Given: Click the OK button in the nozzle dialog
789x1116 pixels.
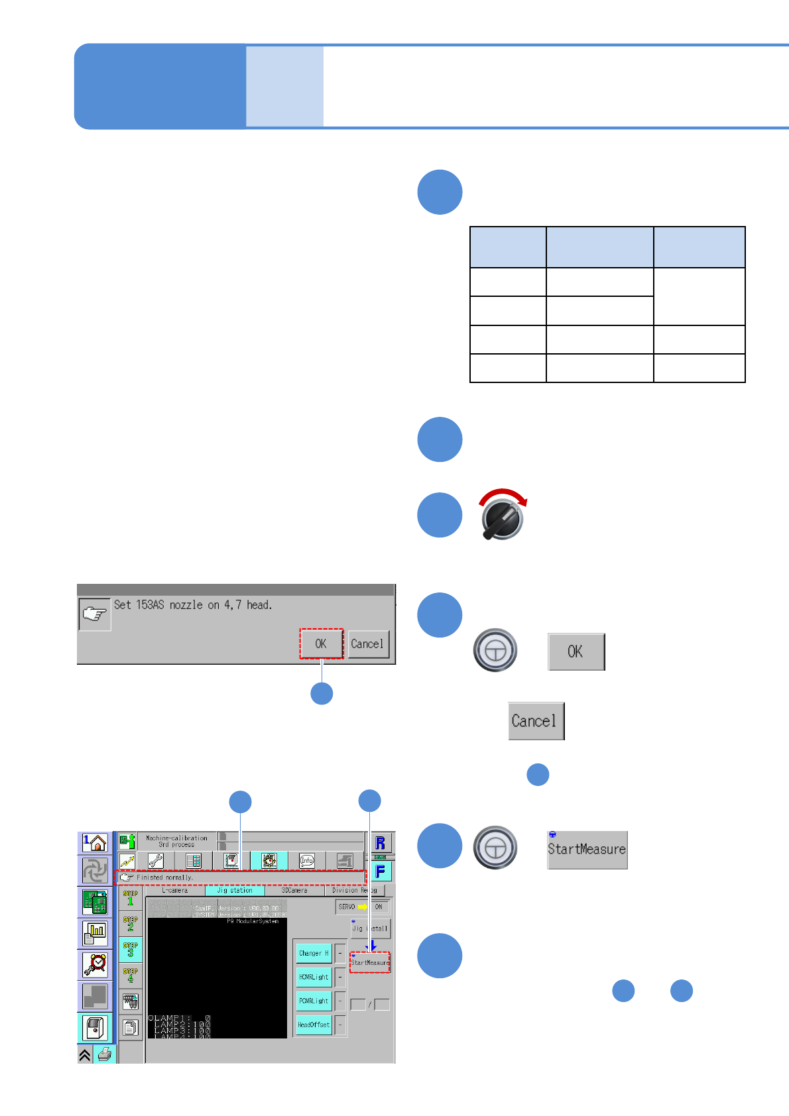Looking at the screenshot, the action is pos(321,643).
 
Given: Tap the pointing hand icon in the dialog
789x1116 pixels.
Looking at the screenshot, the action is pos(95,614).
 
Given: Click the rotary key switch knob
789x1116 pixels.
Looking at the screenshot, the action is pos(502,518).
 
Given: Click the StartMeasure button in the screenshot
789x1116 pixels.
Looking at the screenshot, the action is pos(370,962).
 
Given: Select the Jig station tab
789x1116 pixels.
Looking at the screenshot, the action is pos(235,890).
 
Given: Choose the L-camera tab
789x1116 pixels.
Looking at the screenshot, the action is pos(175,890).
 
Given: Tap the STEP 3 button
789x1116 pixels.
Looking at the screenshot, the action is pos(131,950).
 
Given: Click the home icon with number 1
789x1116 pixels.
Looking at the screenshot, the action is pos(95,843).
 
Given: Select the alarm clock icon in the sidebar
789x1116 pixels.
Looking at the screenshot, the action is pos(95,964).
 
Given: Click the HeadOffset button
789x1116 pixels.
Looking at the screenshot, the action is pos(314,1025).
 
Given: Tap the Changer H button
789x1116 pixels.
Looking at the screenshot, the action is pos(314,953).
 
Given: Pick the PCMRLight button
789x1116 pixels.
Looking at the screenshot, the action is pos(314,1001).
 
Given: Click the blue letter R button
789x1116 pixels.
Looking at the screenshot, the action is pos(381,843).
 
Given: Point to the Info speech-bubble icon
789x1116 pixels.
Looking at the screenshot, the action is pos(306,861).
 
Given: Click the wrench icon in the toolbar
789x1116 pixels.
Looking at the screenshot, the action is pos(156,861).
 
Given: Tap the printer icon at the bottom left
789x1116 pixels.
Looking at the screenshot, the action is pos(105,1054).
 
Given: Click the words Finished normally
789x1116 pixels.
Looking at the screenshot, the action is pos(165,877).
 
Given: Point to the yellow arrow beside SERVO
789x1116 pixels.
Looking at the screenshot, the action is pos(363,907).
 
